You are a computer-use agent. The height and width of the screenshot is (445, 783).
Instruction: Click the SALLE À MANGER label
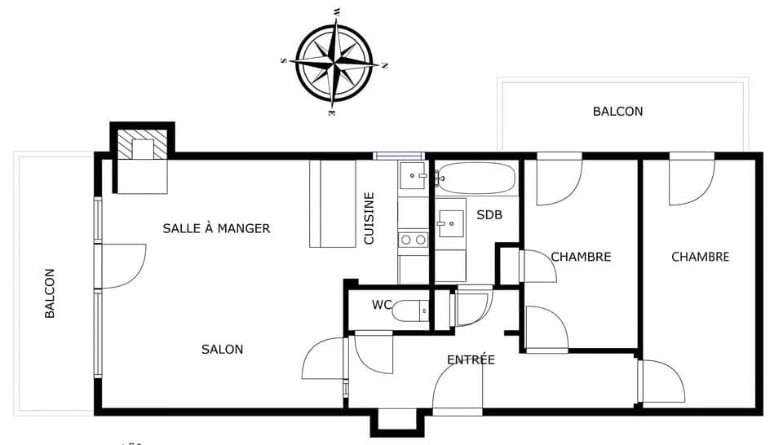[x=216, y=228]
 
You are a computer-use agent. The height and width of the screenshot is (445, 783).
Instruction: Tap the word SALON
[x=222, y=349]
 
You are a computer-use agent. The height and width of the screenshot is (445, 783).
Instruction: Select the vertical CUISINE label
[x=369, y=218]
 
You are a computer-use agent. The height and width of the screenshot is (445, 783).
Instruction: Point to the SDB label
[x=489, y=215]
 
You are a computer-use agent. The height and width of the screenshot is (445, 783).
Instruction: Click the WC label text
[x=382, y=305]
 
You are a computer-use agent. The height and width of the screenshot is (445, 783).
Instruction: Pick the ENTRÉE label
[x=471, y=359]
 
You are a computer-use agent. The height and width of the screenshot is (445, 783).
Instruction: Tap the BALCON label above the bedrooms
[x=617, y=111]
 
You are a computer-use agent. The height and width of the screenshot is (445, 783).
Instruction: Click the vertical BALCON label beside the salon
[x=50, y=293]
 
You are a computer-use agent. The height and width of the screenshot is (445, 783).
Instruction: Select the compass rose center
[x=334, y=63]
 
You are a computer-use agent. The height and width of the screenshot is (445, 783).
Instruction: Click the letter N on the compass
[x=384, y=65]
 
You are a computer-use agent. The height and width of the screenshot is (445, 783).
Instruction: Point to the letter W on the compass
[x=337, y=11]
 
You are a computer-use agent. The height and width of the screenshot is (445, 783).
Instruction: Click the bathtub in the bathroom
[x=475, y=178]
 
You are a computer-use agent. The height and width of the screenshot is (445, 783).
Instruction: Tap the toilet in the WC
[x=410, y=311]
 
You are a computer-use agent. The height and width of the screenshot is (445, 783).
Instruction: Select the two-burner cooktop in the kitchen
[x=414, y=240]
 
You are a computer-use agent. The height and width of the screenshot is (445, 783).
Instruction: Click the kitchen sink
[x=413, y=175]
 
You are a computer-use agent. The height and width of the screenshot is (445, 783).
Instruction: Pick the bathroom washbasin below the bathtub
[x=451, y=224]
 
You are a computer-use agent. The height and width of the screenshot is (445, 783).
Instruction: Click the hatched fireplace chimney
[x=142, y=145]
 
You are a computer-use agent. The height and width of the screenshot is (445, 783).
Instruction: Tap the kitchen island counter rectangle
[x=333, y=204]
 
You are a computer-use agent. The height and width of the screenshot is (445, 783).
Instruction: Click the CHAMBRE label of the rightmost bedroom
[x=700, y=257]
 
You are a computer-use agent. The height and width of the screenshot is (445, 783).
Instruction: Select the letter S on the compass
[x=284, y=60]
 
